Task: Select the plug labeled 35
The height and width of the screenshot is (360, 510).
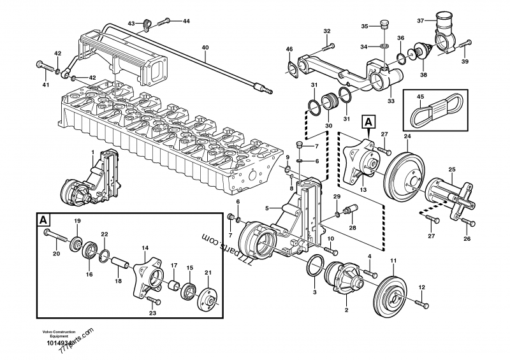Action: point(383,26)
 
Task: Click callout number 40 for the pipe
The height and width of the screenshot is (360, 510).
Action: point(205,48)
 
